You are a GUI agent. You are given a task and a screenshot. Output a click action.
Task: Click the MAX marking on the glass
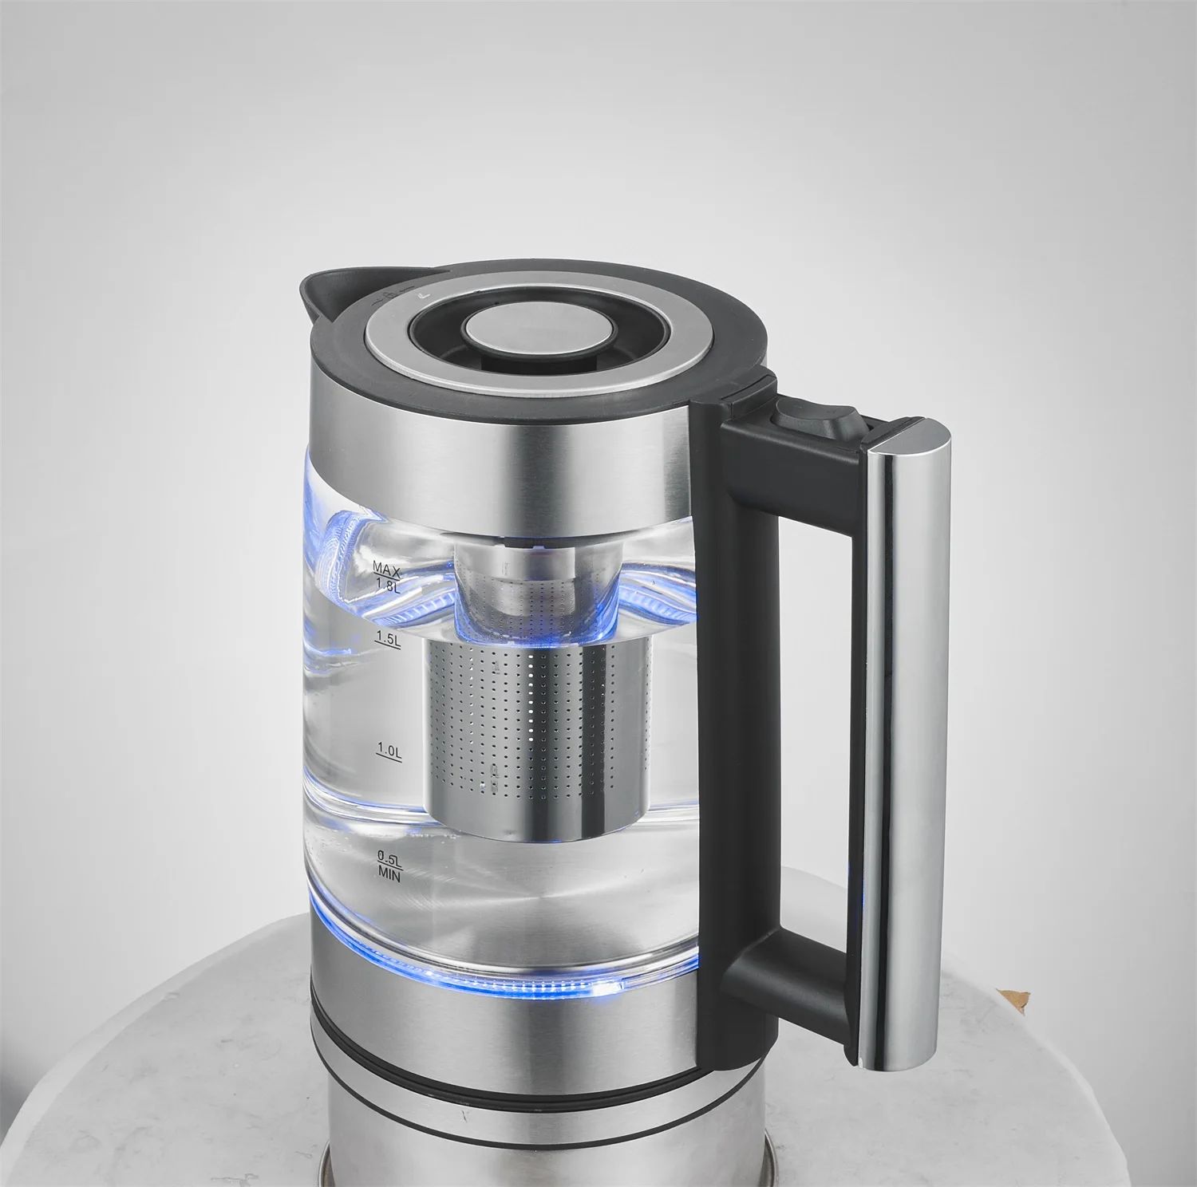(385, 568)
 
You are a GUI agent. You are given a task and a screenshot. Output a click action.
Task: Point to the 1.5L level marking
(386, 639)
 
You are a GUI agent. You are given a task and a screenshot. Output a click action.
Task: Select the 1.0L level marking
(389, 751)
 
